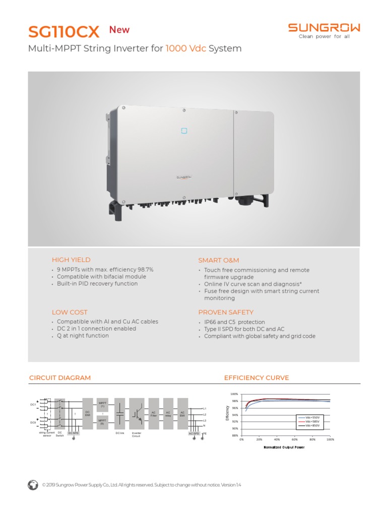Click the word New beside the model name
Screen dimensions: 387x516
pyautogui.click(x=119, y=30)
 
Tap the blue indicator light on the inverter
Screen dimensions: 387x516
pyautogui.click(x=184, y=131)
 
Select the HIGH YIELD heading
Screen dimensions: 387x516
pyautogui.click(x=71, y=260)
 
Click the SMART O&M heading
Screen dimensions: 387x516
pyautogui.click(x=219, y=260)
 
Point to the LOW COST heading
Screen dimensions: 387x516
pyautogui.click(x=70, y=312)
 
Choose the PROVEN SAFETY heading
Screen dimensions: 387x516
pyautogui.click(x=226, y=312)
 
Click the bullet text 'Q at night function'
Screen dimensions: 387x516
pyautogui.click(x=83, y=336)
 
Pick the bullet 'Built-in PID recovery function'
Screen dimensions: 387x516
pyautogui.click(x=97, y=284)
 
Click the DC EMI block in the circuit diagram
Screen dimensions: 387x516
pyautogui.click(x=87, y=413)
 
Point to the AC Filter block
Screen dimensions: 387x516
pyautogui.click(x=154, y=413)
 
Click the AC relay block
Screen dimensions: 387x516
pyautogui.click(x=168, y=413)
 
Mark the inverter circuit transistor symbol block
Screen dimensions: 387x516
pyautogui.click(x=137, y=413)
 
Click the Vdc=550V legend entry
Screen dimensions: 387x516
pyautogui.click(x=309, y=417)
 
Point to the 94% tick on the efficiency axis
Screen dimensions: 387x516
pyautogui.click(x=235, y=415)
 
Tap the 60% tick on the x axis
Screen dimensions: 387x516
pyautogui.click(x=295, y=439)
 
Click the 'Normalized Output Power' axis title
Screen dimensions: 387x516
pyautogui.click(x=284, y=447)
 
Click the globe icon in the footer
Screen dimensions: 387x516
pyautogui.click(x=33, y=485)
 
